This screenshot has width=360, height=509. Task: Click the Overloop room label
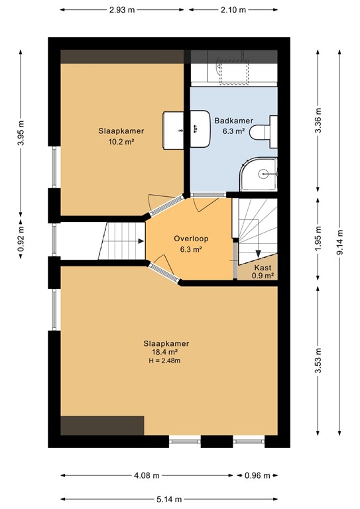188,238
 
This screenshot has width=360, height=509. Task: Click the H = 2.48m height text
166,361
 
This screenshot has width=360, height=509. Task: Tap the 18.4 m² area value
166,352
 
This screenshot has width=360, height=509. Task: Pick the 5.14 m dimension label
170,498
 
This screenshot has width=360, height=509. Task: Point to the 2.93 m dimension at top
122,10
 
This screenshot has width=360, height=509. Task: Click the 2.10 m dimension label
232,10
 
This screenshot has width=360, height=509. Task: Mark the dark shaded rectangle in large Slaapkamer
102,425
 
